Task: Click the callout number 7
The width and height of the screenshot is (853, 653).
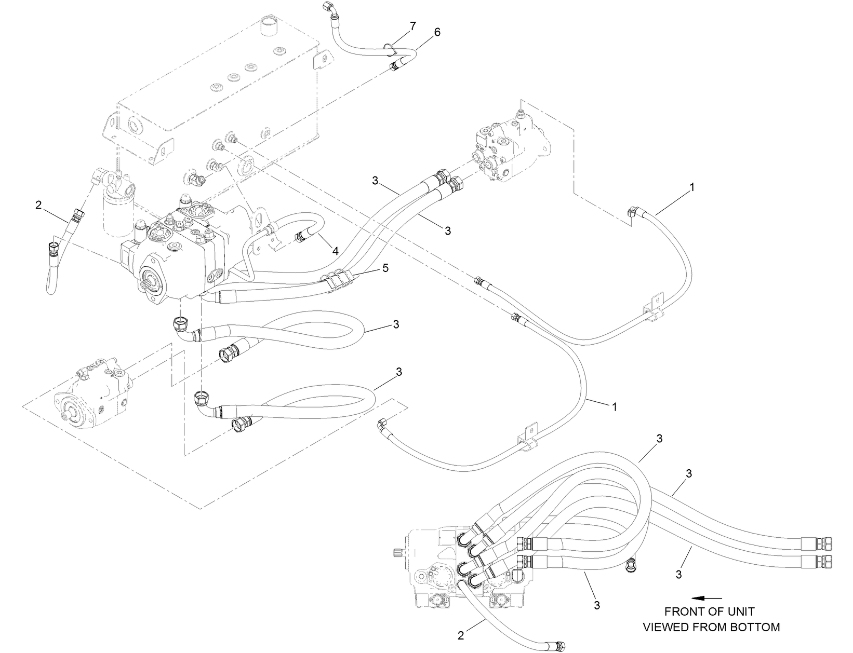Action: click(412, 26)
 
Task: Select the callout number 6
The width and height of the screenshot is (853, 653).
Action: click(437, 32)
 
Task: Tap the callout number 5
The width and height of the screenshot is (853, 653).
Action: click(385, 268)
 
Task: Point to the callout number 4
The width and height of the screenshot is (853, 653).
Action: click(336, 251)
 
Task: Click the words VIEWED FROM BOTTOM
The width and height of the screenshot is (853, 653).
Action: click(711, 627)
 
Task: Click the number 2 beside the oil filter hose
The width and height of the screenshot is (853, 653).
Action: click(38, 205)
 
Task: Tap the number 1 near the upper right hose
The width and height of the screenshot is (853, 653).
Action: click(691, 189)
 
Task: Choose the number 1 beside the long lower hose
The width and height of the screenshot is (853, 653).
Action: click(615, 407)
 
